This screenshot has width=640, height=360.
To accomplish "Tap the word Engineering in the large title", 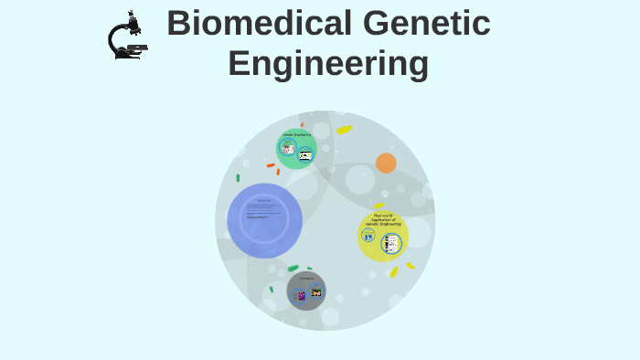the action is (x=328, y=64).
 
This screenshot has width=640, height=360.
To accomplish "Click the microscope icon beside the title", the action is (x=125, y=37).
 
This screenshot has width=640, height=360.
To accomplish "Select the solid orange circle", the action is (x=386, y=163).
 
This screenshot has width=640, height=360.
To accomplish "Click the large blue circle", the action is (x=264, y=220).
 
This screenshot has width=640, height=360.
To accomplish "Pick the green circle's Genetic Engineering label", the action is (x=296, y=134).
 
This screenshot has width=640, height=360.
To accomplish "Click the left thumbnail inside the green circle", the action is (x=288, y=148).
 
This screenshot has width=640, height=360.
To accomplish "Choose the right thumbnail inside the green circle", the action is (x=305, y=154).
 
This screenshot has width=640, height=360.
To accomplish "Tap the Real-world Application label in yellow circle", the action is (x=383, y=219).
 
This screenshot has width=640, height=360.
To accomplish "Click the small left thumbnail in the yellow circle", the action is (x=368, y=237).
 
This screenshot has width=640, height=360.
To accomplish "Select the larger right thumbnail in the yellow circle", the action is (x=392, y=243).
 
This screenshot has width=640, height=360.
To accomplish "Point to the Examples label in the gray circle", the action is (x=306, y=278).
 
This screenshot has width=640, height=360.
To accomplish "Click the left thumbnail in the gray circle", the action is (x=299, y=295).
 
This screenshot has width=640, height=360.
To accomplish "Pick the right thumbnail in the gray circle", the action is (x=316, y=292).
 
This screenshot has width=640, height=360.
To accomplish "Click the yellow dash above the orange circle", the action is (x=344, y=130).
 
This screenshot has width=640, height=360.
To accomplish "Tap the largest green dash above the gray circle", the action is (x=293, y=268).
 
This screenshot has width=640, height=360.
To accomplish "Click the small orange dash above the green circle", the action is (x=302, y=124).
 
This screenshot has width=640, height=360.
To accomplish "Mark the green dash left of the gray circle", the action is (x=271, y=289).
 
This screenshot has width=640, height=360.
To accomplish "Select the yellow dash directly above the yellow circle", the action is (x=379, y=206).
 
